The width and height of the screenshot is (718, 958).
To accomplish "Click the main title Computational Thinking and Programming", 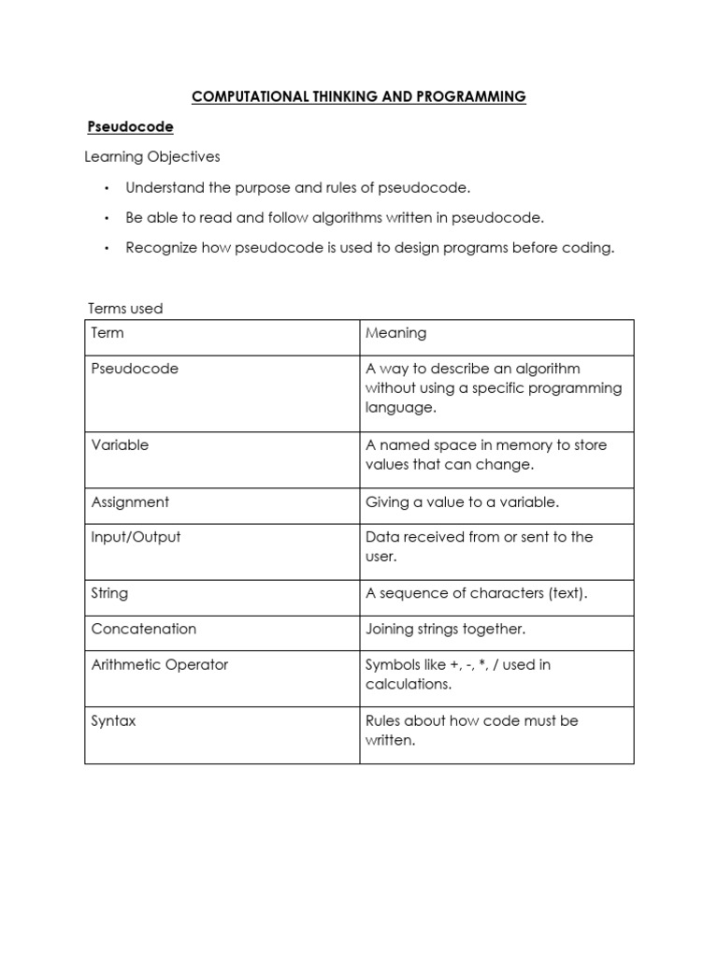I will [x=359, y=96].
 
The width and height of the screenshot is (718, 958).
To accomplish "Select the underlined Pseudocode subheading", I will [x=130, y=125].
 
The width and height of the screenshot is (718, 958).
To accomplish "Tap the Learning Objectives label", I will [x=152, y=156].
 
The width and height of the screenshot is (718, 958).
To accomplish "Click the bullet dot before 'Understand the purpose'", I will [x=107, y=188].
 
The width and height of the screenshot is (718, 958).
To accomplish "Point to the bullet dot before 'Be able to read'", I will [x=107, y=218].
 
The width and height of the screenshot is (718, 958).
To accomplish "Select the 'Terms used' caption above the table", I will [x=125, y=308].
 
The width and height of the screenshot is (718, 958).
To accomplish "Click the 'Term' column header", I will [x=108, y=333].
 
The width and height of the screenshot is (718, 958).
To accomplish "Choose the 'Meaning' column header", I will [x=395, y=333].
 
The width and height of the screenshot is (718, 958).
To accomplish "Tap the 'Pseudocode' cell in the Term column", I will [x=135, y=369].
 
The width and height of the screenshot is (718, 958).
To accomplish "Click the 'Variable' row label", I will [x=120, y=445].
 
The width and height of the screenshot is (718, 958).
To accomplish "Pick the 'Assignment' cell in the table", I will [x=130, y=502].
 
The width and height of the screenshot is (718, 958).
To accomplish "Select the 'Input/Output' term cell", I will [x=136, y=537].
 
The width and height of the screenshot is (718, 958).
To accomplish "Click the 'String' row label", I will [x=109, y=593].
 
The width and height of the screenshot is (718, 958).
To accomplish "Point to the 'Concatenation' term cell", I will [x=143, y=629].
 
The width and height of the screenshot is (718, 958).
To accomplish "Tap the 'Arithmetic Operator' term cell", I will [x=159, y=665].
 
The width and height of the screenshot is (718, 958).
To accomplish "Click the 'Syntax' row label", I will [x=113, y=721].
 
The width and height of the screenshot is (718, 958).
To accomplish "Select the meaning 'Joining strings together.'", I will [x=445, y=629].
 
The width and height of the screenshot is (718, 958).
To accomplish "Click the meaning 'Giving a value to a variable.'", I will [x=462, y=502].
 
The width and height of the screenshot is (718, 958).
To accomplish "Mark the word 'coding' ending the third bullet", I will [x=589, y=248].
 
